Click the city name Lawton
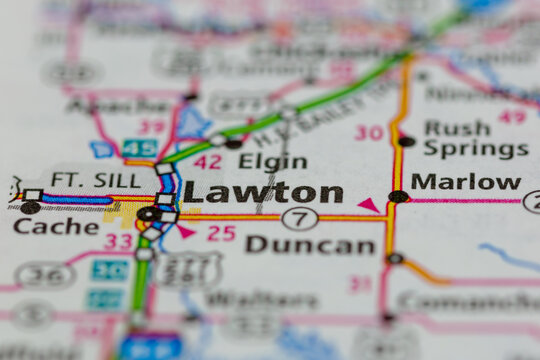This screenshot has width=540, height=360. coord(263,193)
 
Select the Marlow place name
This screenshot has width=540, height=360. coord(466,182)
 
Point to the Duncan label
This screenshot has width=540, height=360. coord(310,244)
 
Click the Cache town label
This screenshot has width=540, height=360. coord(56,226)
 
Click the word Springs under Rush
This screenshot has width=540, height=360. coord(475,150)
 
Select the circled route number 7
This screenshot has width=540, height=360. coord(300,218)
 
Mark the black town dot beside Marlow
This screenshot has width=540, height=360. coord(399,197)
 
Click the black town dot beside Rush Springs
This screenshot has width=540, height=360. coord(405,141)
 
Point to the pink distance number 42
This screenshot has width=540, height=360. coord(208,162)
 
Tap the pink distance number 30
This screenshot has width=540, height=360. coord(369,132)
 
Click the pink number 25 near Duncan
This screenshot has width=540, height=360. coord(221,233)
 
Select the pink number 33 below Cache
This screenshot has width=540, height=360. coord(119,241)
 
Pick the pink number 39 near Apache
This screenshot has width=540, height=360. coord(152,126)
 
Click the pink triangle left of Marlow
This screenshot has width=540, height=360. coord(369,205)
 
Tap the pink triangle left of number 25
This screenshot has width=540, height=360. coord(186,231)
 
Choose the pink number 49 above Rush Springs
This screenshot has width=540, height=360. coord(512,116)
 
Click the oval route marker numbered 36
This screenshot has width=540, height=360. coord(45,275)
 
